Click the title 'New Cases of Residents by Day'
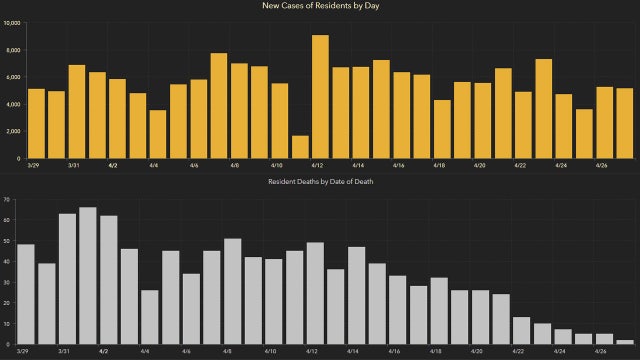coord(320,7)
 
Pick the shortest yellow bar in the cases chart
coord(300,147)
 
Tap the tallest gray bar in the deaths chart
coord(88,276)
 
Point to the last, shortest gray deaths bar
coord(625,342)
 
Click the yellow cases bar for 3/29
coord(36,124)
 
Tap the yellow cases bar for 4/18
coord(442,129)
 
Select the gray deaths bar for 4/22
coord(521,331)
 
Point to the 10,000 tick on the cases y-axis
coord(11,22)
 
